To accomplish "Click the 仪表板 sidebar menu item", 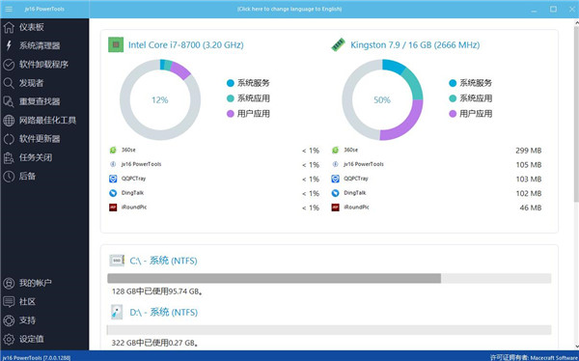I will pos(32,27).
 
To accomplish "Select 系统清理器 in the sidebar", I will pos(40,45).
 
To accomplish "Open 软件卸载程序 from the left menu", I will pos(43,65).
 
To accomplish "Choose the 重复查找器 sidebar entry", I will pos(40,101).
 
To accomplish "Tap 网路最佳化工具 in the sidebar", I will pos(47,121).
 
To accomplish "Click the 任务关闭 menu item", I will pos(36,157).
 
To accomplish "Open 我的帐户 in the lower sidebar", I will pos(36,283).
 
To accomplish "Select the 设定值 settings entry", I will pos(32,339).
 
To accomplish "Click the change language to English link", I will pos(289,9).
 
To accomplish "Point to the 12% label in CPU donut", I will pos(159,99).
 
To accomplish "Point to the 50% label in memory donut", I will pos(382,99).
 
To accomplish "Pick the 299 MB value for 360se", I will pos(530,151).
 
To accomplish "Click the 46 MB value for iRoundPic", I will pos(532,208).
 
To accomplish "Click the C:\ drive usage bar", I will pos(329,278).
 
